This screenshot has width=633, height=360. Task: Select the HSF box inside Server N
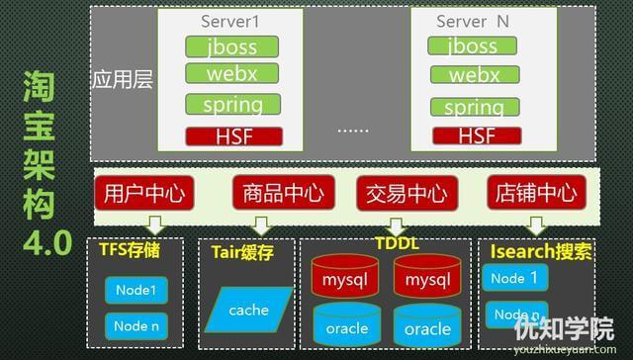[x=477, y=135]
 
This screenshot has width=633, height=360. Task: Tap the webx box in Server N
[x=474, y=75]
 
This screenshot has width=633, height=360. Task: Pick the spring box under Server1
[x=232, y=104]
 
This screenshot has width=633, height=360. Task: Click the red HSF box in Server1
[x=232, y=135]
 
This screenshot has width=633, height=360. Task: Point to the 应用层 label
[x=122, y=80]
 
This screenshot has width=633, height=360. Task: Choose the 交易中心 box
[x=400, y=193]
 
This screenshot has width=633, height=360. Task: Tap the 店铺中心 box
[x=531, y=193]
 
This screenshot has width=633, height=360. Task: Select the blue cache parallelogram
[x=248, y=310]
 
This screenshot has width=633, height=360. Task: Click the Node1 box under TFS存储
[x=135, y=290]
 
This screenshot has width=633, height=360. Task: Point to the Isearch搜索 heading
[x=540, y=251]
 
